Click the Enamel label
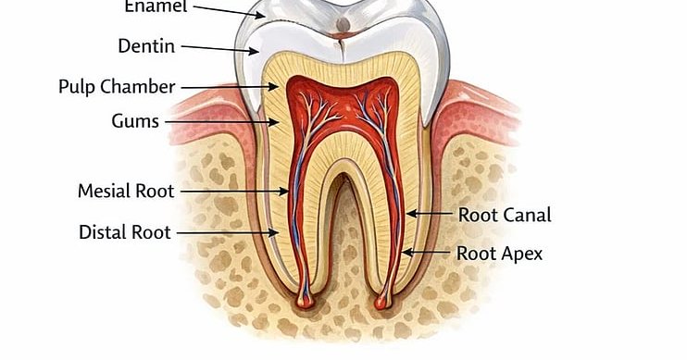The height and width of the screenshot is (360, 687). click(x=155, y=6)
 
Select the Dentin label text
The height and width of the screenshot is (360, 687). click(x=146, y=45)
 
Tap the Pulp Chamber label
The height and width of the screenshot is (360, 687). click(x=117, y=87)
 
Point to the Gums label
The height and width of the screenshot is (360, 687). click(x=135, y=121)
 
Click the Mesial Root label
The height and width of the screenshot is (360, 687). click(x=126, y=192)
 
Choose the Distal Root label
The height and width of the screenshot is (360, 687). click(x=125, y=232)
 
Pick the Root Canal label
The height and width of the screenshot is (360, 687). click(x=505, y=216)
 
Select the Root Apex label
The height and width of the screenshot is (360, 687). click(x=499, y=253)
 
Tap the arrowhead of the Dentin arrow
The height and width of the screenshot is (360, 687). click(x=259, y=51)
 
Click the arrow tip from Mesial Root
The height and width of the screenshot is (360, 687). click(x=289, y=192)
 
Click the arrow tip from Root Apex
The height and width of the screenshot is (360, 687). click(x=402, y=252)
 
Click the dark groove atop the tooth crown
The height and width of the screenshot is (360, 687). click(x=344, y=21)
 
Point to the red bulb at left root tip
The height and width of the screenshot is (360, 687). click(x=303, y=302)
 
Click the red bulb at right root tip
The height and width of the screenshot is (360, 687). click(x=382, y=302)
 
